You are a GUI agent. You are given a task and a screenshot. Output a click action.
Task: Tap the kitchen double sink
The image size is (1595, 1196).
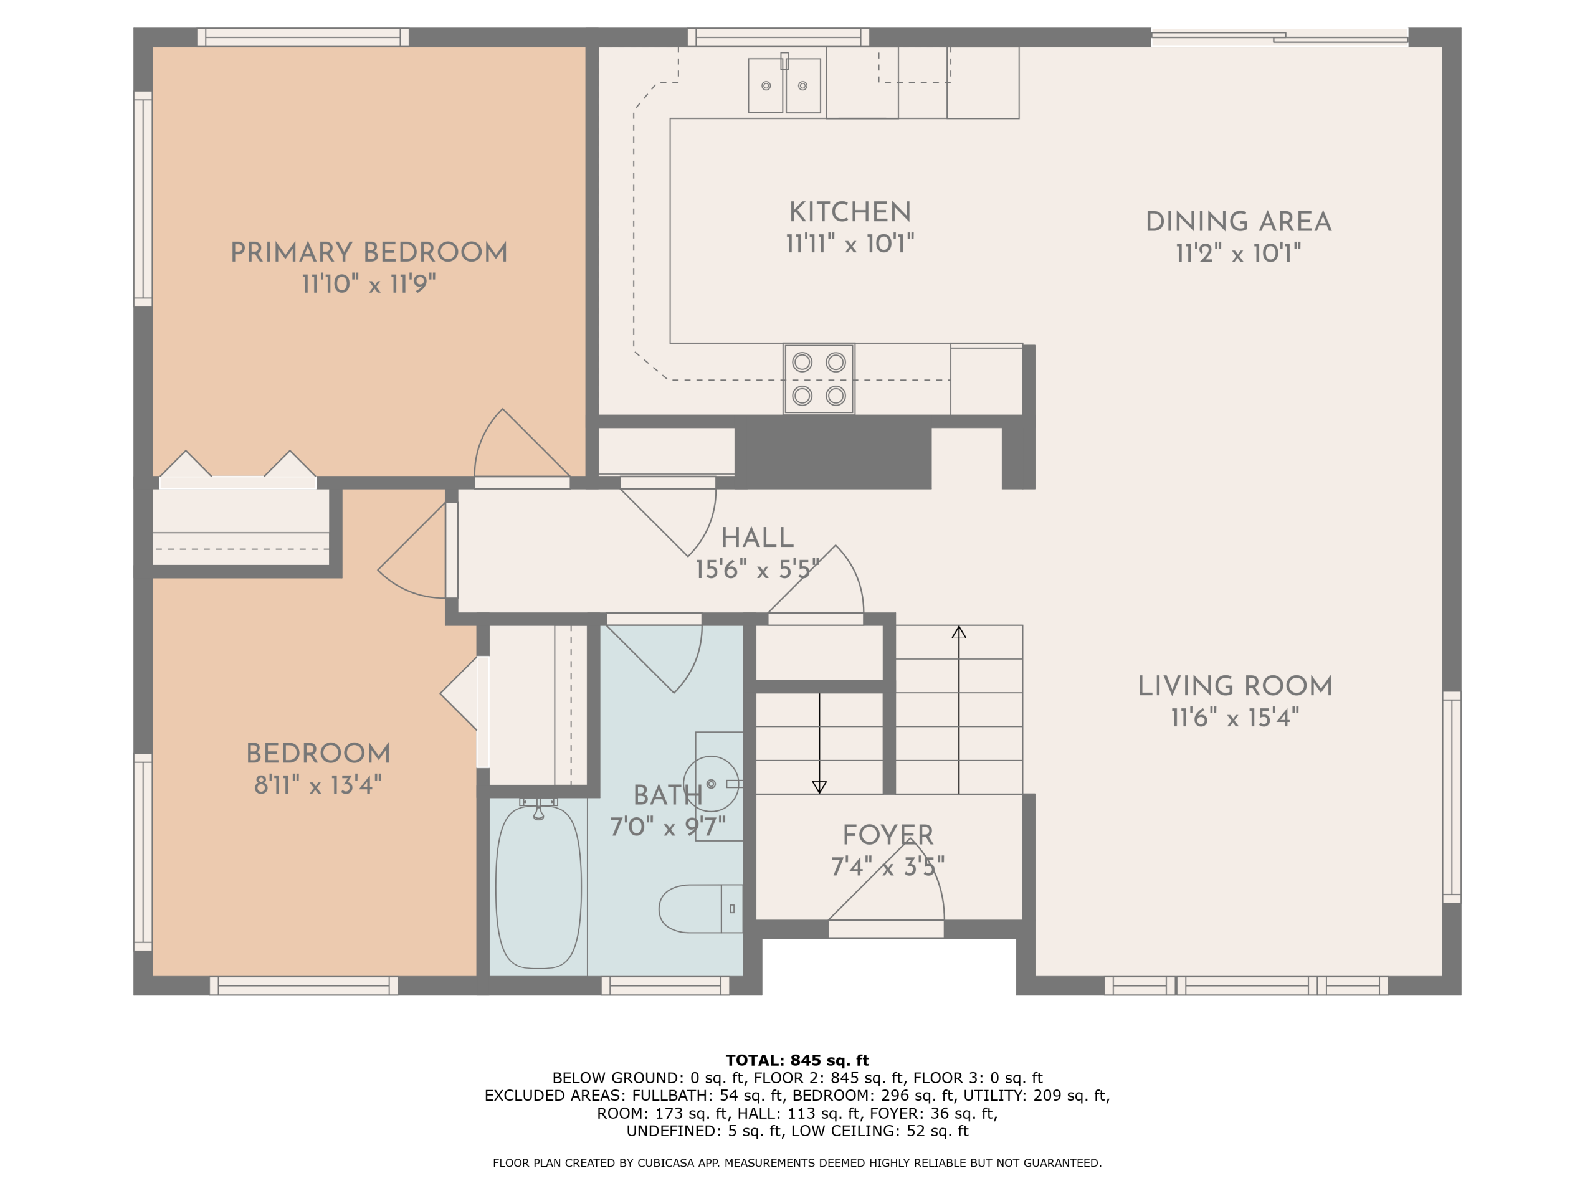(x=784, y=85)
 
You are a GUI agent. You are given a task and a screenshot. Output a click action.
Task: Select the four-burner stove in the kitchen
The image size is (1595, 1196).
(x=819, y=379)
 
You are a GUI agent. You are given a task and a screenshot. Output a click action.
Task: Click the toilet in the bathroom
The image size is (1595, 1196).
(x=700, y=909)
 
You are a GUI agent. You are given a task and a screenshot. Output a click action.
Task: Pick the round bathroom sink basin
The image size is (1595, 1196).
(x=711, y=784)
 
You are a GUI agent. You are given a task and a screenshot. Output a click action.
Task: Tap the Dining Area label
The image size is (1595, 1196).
(x=1238, y=222)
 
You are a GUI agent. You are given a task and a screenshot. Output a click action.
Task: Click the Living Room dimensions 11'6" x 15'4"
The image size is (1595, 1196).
(x=1234, y=718)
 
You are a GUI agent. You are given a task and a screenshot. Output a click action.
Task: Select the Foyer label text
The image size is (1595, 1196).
(x=888, y=835)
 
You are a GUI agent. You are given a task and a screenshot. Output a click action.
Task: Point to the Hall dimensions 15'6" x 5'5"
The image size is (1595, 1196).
(x=757, y=569)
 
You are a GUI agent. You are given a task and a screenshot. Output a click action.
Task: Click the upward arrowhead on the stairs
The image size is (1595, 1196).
(x=958, y=632)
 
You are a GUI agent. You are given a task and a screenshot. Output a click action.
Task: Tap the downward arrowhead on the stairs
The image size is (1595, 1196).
(x=819, y=787)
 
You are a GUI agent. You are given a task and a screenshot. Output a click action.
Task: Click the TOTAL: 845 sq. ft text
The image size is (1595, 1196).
(x=797, y=1060)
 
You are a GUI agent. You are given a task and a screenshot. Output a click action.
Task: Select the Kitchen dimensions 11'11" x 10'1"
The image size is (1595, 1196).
(x=850, y=244)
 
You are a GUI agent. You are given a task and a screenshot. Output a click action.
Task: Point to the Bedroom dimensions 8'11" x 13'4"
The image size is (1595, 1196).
(x=318, y=785)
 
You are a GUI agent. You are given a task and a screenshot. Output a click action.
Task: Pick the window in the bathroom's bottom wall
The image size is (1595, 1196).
(x=665, y=985)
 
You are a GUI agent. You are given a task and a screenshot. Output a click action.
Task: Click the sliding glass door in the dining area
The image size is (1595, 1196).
(x=1279, y=37)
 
